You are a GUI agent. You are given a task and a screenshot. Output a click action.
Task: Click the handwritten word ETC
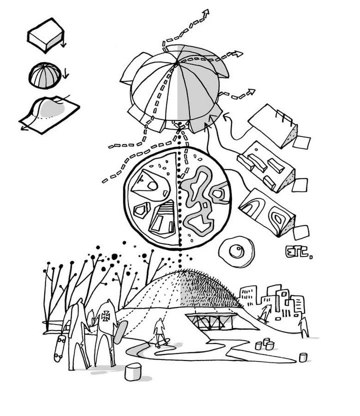(x=299, y=252)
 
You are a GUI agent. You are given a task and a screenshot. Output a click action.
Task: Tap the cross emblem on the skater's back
(x=105, y=316)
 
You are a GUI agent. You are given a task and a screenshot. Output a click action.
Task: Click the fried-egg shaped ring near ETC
(x=236, y=251)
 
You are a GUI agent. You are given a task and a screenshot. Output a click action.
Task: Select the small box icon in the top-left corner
(x=46, y=35)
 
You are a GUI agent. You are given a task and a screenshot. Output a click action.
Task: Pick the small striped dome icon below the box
(x=45, y=76)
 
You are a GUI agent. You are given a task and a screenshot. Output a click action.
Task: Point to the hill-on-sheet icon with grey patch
(x=49, y=114)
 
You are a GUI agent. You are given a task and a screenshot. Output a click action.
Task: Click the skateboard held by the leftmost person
(x=60, y=349)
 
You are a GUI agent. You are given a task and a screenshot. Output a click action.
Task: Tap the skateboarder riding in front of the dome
(x=160, y=332)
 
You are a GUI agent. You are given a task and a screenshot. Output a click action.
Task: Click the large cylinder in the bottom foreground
(x=133, y=372)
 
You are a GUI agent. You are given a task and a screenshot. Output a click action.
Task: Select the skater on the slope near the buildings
(x=264, y=313)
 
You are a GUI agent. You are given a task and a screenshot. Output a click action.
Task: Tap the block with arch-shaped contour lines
(x=267, y=213)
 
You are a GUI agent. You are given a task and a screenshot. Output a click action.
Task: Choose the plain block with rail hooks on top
(x=273, y=126)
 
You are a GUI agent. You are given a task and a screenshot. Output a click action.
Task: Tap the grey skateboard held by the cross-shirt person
(x=120, y=332)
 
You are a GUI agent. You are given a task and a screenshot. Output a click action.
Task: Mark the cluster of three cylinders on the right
(x=264, y=344)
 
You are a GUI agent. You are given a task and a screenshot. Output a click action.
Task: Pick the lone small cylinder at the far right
(x=303, y=357)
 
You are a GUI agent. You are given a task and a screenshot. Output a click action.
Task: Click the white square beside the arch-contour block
(x=301, y=232)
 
